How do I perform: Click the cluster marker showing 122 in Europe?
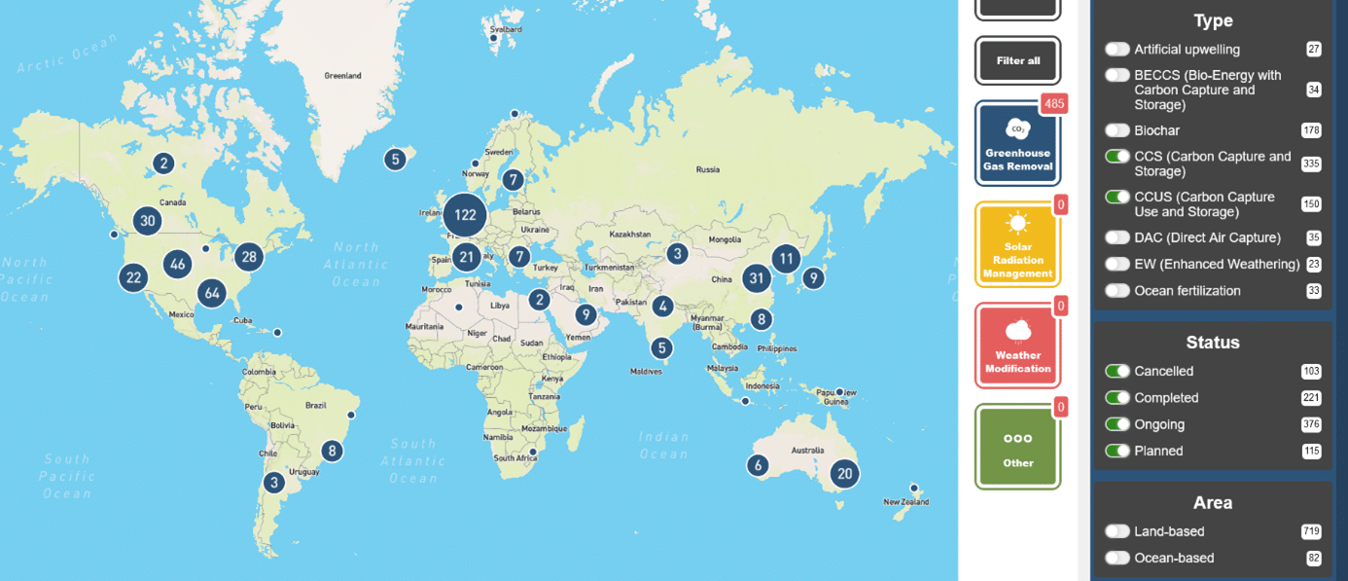(x=465, y=214)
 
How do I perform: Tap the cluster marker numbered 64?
(x=212, y=293)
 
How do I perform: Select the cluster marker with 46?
(x=177, y=264)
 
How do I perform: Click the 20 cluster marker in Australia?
(x=844, y=474)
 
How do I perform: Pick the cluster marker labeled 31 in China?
(x=756, y=278)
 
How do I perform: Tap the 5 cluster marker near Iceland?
(x=394, y=160)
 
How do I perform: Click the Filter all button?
(x=1018, y=60)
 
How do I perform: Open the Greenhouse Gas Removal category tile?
(x=1017, y=143)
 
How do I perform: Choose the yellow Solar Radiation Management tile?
(x=1017, y=244)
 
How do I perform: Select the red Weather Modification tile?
(x=1017, y=345)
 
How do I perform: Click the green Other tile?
(x=1017, y=447)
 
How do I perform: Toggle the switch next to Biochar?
(x=1117, y=130)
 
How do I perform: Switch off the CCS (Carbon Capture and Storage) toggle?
(x=1117, y=157)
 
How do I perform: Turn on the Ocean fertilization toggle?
(x=1117, y=290)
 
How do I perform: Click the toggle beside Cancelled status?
(x=1117, y=371)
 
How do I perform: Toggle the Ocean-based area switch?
(x=1117, y=558)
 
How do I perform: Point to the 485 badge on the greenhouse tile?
(x=1053, y=103)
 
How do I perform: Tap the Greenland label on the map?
(x=342, y=76)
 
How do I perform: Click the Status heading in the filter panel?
(x=1213, y=343)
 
